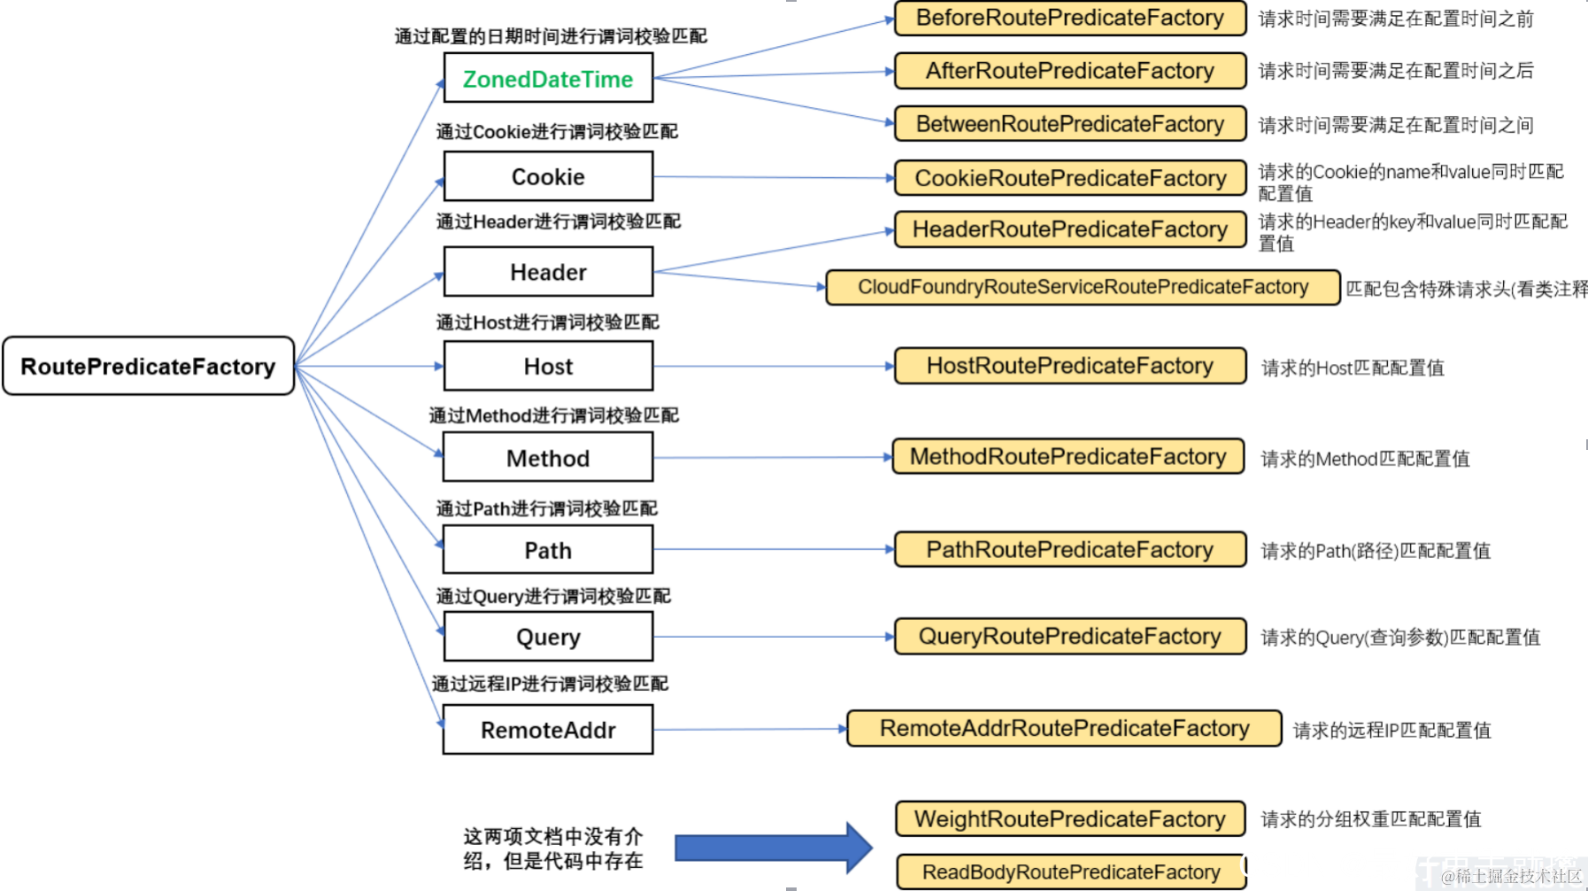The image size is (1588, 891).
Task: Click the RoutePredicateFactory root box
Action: [x=148, y=366]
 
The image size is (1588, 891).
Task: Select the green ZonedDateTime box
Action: [x=548, y=78]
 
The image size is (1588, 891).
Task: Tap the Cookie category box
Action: [x=548, y=176]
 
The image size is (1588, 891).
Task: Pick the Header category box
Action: [x=548, y=272]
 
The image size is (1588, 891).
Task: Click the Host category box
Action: [x=548, y=366]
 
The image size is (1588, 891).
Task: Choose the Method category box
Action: [x=548, y=458]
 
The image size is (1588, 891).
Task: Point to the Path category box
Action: [x=548, y=550]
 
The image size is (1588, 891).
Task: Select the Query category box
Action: [x=548, y=637]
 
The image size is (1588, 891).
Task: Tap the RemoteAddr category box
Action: [x=548, y=730]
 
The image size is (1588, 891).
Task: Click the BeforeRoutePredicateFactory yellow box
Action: [x=1069, y=18]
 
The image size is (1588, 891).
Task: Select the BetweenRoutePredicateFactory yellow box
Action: [x=1069, y=124]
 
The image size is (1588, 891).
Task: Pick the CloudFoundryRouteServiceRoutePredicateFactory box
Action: [x=1082, y=287]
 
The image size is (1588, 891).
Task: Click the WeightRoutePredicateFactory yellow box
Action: [x=1069, y=818]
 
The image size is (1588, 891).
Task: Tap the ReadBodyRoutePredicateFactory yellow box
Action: [x=1070, y=872]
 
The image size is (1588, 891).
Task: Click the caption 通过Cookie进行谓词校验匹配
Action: [x=557, y=132]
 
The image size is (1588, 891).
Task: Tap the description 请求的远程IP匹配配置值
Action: [x=1391, y=731]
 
